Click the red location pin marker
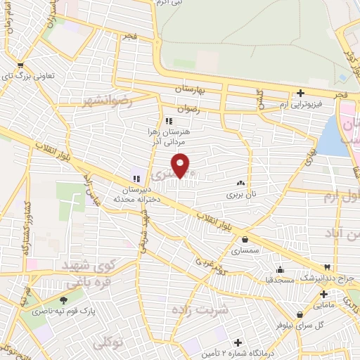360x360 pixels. (181, 165)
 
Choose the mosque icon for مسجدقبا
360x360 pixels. (281, 269)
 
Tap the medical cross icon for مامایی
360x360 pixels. (323, 294)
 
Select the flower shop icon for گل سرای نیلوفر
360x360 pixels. (300, 314)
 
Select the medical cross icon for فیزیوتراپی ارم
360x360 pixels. (300, 93)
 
